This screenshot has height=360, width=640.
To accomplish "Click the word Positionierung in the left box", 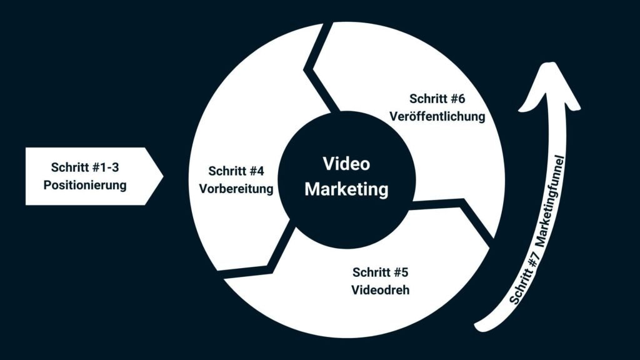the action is click(85, 185).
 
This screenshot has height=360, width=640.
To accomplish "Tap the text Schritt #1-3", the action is click(85, 167).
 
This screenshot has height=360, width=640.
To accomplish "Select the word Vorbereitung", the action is click(236, 189).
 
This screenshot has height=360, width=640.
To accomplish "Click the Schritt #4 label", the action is click(236, 171).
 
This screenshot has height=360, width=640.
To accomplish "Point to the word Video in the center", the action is click(346, 164).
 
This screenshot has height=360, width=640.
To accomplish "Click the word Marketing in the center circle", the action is click(346, 189).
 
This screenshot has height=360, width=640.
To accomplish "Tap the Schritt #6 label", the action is click(437, 99).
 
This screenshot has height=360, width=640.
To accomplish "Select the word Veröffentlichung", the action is click(437, 116).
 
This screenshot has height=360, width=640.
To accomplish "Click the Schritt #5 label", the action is click(381, 272).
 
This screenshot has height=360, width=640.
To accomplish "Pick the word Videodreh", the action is click(381, 290).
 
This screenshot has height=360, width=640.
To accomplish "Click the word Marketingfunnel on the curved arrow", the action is click(551, 201).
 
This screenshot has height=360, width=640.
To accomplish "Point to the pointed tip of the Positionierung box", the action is click(163, 176).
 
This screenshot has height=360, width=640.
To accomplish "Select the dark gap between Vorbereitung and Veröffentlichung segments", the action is click(317, 69).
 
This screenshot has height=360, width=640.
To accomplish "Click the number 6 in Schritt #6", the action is click(461, 99).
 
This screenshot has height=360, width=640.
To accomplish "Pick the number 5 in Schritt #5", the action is click(404, 272).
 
